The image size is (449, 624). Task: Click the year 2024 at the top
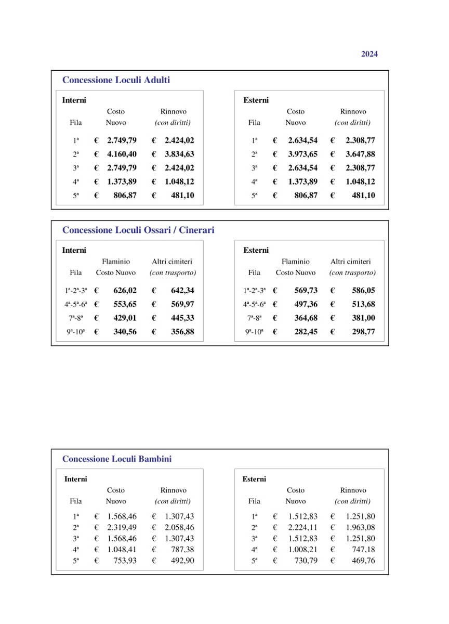pyautogui.click(x=369, y=54)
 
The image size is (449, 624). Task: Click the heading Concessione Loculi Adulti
pyautogui.click(x=116, y=81)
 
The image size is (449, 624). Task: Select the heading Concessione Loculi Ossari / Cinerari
pyautogui.click(x=138, y=230)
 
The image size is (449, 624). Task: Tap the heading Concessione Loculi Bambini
pyautogui.click(x=117, y=459)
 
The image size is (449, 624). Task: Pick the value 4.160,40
pyautogui.click(x=122, y=154)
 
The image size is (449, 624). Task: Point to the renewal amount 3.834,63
pyautogui.click(x=179, y=154)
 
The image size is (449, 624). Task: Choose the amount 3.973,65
pyautogui.click(x=302, y=154)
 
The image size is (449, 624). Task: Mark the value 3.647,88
pyautogui.click(x=360, y=154)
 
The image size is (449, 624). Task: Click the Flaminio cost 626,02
pyautogui.click(x=125, y=291)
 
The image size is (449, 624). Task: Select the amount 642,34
pyautogui.click(x=182, y=291)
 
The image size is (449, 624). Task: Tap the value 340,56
pyautogui.click(x=125, y=332)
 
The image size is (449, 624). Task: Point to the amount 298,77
pyautogui.click(x=363, y=332)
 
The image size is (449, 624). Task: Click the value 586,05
pyautogui.click(x=363, y=291)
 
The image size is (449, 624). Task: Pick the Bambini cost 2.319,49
pyautogui.click(x=122, y=528)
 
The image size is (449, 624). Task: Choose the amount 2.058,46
pyautogui.click(x=179, y=528)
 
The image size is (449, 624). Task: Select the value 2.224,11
pyautogui.click(x=302, y=528)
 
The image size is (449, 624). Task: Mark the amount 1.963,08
pyautogui.click(x=360, y=528)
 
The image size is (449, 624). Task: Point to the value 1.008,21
pyautogui.click(x=302, y=550)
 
